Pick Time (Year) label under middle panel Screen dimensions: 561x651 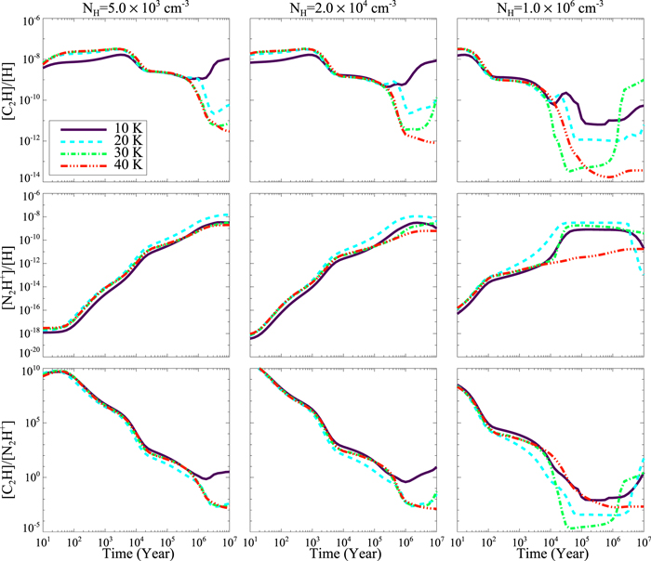tap(345, 552)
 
